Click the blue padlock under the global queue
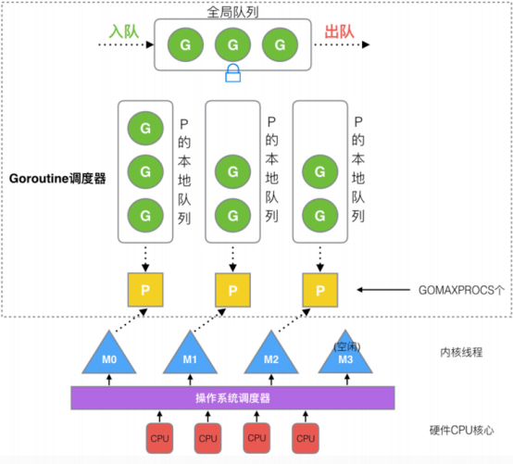[x=232, y=72]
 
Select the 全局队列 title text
[x=232, y=10]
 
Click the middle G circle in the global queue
[x=232, y=43]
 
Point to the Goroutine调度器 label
[x=56, y=176]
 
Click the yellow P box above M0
[x=144, y=290]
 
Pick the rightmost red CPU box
[x=304, y=437]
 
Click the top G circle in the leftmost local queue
[x=144, y=125]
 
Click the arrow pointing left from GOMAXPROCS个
[x=389, y=290]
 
